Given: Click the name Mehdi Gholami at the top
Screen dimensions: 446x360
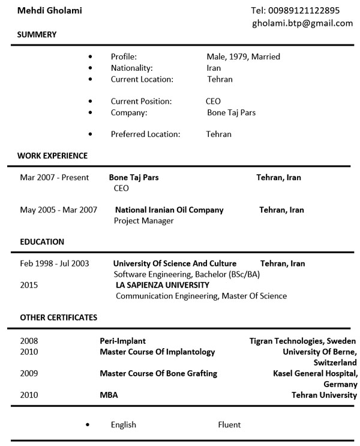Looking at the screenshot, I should click(50, 11).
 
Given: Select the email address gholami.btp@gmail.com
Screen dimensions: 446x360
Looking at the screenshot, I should click(302, 23).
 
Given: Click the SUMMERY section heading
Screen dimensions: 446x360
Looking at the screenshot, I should click(37, 35).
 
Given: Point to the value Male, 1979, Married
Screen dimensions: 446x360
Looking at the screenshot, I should click(243, 57).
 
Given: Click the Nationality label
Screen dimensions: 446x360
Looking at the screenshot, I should click(131, 68).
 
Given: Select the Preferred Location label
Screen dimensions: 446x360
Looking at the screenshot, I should click(145, 134).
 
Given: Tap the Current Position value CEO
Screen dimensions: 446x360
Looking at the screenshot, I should click(213, 101).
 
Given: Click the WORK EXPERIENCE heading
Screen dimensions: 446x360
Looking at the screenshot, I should click(52, 156).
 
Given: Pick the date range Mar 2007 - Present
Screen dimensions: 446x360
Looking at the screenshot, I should click(54, 178).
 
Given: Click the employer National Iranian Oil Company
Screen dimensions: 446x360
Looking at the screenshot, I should click(169, 210).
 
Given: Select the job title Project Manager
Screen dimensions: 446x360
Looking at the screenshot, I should click(143, 221).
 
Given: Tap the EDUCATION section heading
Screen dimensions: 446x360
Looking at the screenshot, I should click(42, 242).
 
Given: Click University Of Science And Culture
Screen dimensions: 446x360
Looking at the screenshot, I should click(175, 264).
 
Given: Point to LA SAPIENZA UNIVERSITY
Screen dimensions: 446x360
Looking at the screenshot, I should click(163, 285).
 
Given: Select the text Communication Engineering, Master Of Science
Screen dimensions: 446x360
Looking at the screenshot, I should click(201, 296).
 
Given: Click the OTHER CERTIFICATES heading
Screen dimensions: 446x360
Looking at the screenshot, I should click(58, 318).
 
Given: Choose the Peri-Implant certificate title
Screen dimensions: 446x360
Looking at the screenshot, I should click(122, 341).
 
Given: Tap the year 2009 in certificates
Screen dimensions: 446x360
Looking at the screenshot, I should click(29, 373).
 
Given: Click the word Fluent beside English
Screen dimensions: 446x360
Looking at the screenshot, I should click(229, 425).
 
